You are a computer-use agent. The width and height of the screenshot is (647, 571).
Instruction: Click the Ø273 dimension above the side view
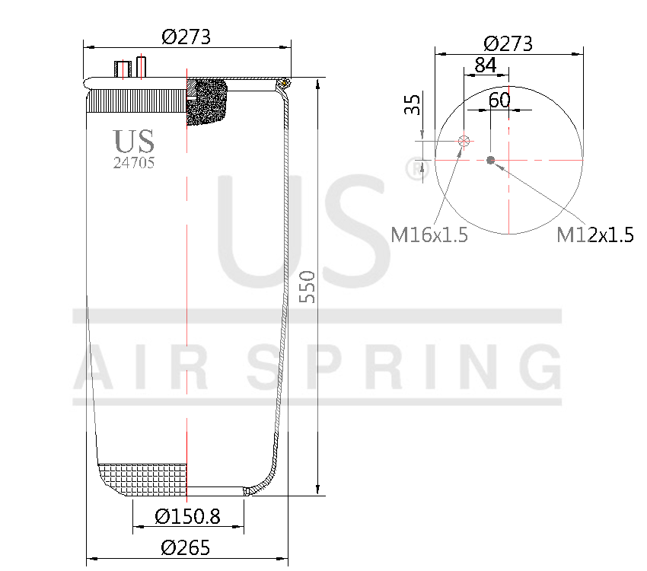[186, 37]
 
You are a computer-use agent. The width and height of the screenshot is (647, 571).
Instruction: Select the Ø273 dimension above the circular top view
[508, 43]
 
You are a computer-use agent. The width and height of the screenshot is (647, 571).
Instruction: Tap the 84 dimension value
[486, 66]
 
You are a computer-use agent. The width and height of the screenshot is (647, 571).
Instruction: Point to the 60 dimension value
[499, 100]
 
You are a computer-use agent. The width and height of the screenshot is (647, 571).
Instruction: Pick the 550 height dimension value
[307, 286]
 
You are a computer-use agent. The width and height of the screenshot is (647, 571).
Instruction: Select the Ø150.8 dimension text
[187, 517]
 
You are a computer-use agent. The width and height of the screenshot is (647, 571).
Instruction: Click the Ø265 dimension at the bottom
[186, 547]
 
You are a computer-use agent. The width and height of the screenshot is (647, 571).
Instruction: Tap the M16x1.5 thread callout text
[429, 234]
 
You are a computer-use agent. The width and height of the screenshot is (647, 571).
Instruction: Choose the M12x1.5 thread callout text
[595, 234]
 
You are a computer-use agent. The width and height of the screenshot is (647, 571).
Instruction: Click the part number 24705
[134, 162]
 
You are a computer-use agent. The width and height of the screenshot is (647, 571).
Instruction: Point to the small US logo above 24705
[134, 141]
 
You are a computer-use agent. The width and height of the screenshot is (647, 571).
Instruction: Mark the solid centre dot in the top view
[490, 160]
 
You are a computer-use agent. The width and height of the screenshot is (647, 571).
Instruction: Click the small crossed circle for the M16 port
[465, 141]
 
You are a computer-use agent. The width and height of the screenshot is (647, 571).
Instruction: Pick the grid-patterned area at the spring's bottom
[143, 478]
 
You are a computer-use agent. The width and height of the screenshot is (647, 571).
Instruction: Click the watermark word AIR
[149, 365]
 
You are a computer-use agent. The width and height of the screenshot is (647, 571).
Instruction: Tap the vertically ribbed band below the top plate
[137, 100]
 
